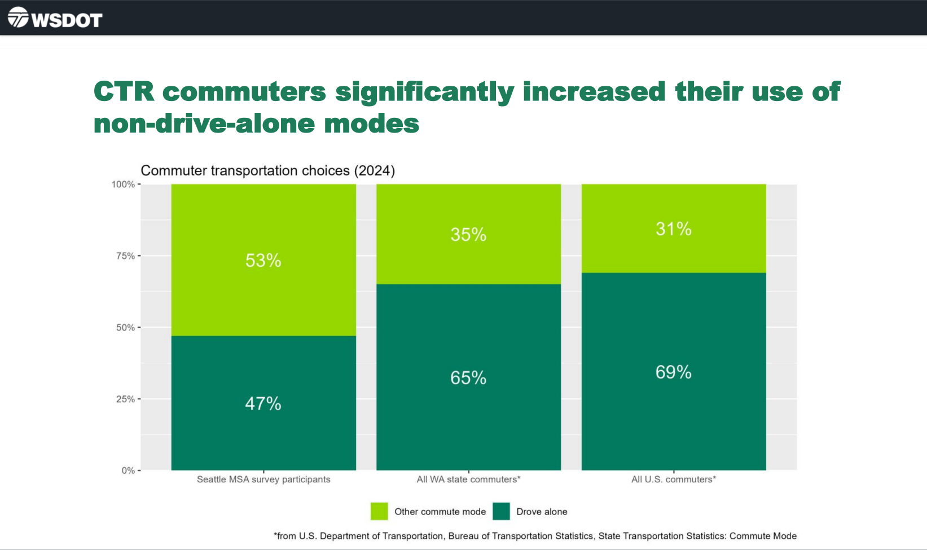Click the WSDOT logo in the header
tap(55, 19)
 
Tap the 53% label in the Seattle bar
tap(263, 260)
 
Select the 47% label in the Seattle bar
tap(263, 403)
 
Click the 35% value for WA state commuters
tap(468, 235)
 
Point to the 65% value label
tap(468, 377)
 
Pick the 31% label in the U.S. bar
tap(673, 228)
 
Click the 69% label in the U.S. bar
tap(673, 372)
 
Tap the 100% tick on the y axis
tap(123, 184)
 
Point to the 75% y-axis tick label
tap(125, 256)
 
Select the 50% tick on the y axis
tap(125, 328)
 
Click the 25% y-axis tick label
tap(125, 399)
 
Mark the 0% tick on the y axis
tap(128, 470)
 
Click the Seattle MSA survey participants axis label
tap(263, 479)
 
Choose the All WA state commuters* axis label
tap(468, 479)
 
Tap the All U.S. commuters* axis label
tap(673, 479)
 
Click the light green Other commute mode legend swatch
tap(379, 512)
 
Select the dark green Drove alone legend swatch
tap(501, 512)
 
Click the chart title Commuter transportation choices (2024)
tap(267, 170)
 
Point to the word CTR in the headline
tap(124, 91)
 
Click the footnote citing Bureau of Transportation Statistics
tap(535, 536)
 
